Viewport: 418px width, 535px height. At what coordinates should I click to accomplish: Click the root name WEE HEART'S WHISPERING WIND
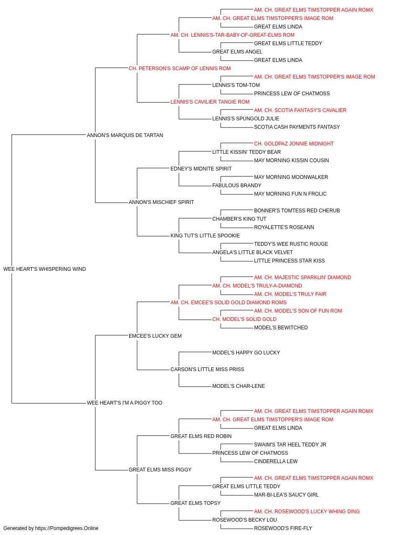pos(45,269)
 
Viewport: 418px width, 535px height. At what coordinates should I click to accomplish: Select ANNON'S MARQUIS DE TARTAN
pos(125,135)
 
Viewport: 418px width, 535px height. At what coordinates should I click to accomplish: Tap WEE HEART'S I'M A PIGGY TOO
pos(125,403)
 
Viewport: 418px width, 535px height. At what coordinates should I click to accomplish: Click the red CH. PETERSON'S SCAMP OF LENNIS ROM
pos(180,69)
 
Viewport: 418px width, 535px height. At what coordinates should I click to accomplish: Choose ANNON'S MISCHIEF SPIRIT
pos(161,202)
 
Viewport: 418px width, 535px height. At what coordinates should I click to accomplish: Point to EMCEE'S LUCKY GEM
pos(155,336)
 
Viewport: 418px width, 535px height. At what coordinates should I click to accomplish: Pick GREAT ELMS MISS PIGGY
pos(160,469)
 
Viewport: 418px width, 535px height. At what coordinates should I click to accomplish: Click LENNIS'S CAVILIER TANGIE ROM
pos(210,102)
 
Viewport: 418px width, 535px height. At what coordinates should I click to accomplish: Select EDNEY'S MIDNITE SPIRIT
pos(201,168)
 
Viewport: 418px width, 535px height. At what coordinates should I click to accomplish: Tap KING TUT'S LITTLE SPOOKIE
pos(205,236)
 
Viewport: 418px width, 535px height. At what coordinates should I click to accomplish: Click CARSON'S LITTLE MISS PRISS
pos(207,369)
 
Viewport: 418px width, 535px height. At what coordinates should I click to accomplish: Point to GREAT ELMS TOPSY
pos(196,503)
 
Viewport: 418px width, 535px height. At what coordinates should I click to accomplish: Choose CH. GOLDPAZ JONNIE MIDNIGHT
pos(294,144)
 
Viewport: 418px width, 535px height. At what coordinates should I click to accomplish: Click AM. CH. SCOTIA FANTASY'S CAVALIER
pos(300,110)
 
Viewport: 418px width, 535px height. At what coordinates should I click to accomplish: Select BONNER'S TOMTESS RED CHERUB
pos(297,211)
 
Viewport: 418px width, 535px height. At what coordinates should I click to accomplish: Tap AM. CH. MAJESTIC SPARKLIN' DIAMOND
pos(303,278)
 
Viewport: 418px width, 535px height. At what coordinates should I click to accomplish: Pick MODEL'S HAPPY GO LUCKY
pos(246,353)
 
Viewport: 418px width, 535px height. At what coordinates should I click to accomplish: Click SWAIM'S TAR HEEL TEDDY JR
pos(290,445)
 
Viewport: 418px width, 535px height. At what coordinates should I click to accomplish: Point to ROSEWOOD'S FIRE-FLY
pos(283,528)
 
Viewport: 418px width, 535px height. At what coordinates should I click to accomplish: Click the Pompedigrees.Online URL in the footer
pos(67,528)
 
